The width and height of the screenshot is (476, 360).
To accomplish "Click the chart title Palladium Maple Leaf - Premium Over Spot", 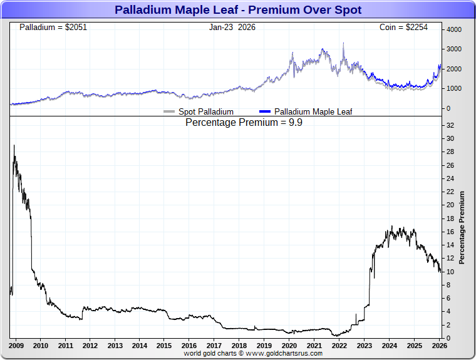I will (238, 10).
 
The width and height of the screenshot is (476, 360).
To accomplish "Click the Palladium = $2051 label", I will (53, 28).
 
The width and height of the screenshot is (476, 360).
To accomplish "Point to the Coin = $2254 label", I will (403, 28).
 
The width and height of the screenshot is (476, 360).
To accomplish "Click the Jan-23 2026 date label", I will (232, 28).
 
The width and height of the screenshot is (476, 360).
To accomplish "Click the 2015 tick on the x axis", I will (164, 346).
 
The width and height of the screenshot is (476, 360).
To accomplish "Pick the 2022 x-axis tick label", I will (339, 346).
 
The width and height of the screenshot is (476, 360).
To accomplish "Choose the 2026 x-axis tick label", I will (439, 346).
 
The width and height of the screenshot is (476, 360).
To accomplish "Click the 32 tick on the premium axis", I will (450, 125).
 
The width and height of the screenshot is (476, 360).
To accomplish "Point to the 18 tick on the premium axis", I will (450, 219).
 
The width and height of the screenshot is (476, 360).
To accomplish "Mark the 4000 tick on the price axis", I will (453, 29).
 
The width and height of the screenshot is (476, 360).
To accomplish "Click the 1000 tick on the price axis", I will (453, 88).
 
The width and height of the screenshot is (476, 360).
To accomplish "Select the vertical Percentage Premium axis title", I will (462, 227).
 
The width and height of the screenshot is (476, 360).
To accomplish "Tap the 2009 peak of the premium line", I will (14, 146).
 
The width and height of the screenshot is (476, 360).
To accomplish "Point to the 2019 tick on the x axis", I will (264, 346).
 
